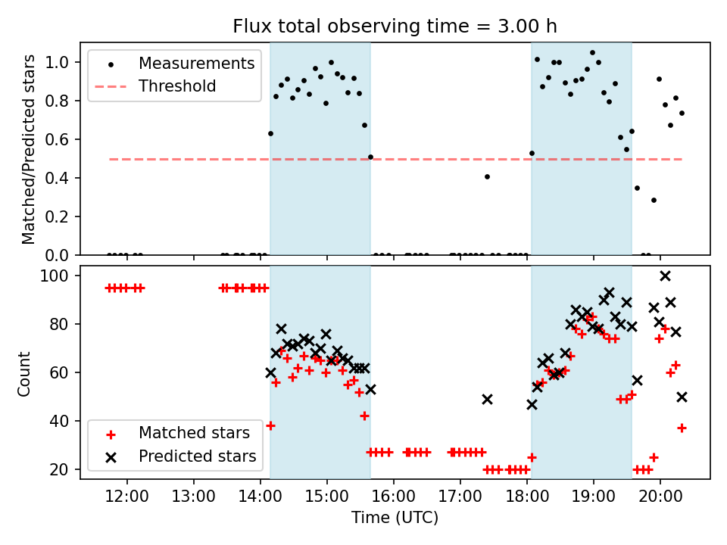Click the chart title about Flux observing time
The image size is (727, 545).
tap(394, 27)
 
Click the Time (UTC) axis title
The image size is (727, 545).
tap(394, 519)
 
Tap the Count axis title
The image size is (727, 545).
tap(25, 373)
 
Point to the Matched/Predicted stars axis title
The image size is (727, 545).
tap(29, 149)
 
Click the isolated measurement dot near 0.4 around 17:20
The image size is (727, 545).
tap(487, 176)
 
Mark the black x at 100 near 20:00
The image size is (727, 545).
tap(665, 276)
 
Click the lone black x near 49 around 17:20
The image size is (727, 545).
tap(487, 399)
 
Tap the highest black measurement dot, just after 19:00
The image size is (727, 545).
tap(592, 53)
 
